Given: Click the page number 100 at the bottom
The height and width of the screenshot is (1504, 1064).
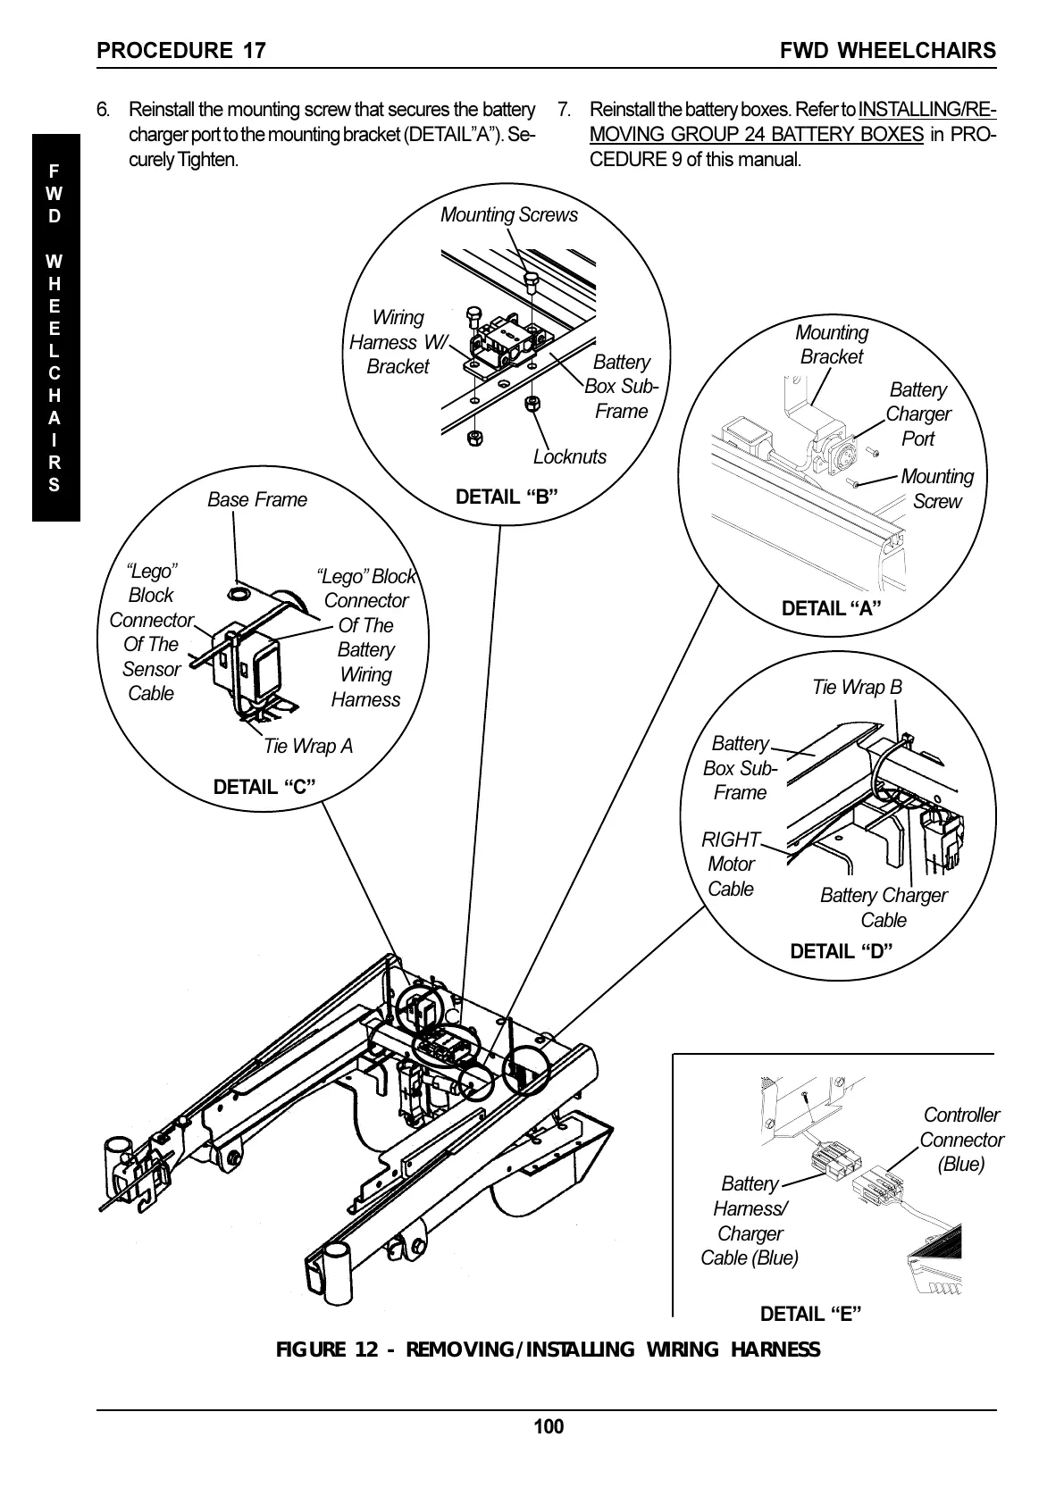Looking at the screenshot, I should (x=549, y=1426).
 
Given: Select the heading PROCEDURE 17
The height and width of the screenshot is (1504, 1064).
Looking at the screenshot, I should (x=181, y=50).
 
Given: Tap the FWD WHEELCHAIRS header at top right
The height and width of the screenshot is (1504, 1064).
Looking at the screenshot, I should (x=887, y=50).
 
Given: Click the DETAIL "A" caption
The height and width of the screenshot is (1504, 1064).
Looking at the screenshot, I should (x=831, y=609).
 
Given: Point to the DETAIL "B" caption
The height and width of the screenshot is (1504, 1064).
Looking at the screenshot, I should (x=507, y=497).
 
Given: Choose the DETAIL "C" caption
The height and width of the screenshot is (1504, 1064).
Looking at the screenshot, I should (x=264, y=787).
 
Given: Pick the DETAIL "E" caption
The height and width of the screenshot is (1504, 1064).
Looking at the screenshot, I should (x=811, y=1314).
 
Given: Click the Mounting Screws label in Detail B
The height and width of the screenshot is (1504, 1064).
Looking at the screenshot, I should (x=509, y=215).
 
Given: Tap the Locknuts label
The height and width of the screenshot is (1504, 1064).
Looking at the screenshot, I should (x=569, y=457).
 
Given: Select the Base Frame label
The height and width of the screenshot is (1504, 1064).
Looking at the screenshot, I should (x=257, y=500).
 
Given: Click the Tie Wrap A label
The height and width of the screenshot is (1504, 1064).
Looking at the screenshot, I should (x=308, y=746).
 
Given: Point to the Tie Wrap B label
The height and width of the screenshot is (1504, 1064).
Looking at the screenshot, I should (x=857, y=687).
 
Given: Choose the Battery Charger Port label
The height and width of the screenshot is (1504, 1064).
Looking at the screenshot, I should (x=918, y=414).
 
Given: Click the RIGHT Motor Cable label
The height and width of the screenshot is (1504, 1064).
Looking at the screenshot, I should (x=731, y=865).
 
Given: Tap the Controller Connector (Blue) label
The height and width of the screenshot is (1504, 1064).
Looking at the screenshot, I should (x=961, y=1140).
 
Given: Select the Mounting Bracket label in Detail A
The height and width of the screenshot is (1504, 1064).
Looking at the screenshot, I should (x=832, y=345).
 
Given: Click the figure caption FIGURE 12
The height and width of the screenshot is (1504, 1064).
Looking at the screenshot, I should (x=548, y=1349).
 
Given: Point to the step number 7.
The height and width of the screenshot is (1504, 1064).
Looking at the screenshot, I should (x=564, y=110).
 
